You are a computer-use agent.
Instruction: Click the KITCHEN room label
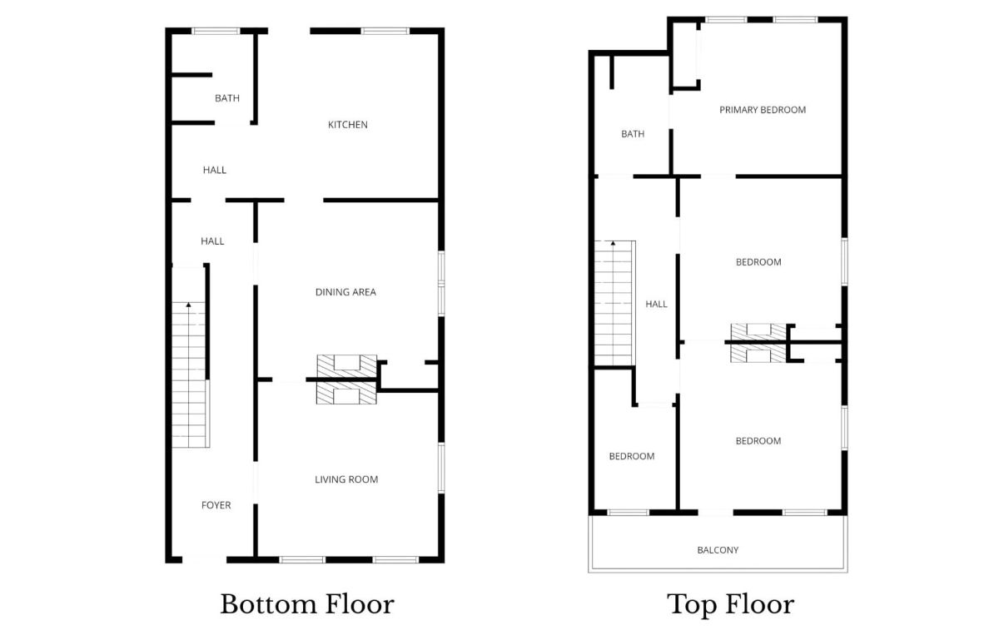[348, 125]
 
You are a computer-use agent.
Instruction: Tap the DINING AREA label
[345, 292]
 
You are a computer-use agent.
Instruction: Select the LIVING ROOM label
[346, 479]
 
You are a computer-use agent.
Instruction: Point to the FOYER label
[216, 505]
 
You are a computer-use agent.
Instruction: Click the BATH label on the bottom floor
[227, 98]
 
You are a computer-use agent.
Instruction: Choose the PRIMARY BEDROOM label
[763, 110]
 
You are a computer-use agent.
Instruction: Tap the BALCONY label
[718, 550]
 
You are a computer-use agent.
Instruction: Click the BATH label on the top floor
[633, 134]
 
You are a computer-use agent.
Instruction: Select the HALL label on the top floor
[657, 304]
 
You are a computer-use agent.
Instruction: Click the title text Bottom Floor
[307, 605]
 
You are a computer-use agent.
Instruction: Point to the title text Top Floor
[731, 606]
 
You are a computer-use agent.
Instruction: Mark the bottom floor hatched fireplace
[346, 380]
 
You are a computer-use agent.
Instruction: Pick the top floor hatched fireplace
[758, 343]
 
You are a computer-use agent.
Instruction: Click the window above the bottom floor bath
[216, 31]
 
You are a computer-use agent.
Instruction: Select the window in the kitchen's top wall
[385, 31]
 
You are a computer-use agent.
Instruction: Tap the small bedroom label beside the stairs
[632, 456]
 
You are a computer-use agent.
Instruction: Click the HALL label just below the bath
[215, 170]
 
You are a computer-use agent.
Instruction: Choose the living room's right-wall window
[441, 469]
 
